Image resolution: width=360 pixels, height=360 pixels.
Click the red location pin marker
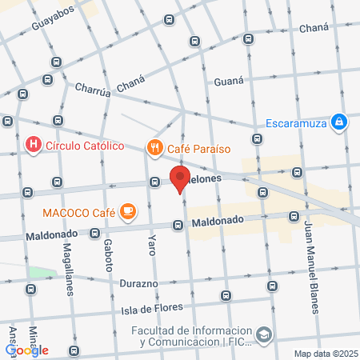(180, 178)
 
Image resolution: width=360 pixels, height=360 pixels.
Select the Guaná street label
(230, 80)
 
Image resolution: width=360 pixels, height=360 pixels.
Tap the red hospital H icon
(34, 145)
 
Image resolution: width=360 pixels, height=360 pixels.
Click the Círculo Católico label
(84, 146)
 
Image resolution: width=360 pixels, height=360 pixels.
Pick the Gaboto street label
(109, 257)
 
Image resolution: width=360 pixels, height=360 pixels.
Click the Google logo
(26, 350)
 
